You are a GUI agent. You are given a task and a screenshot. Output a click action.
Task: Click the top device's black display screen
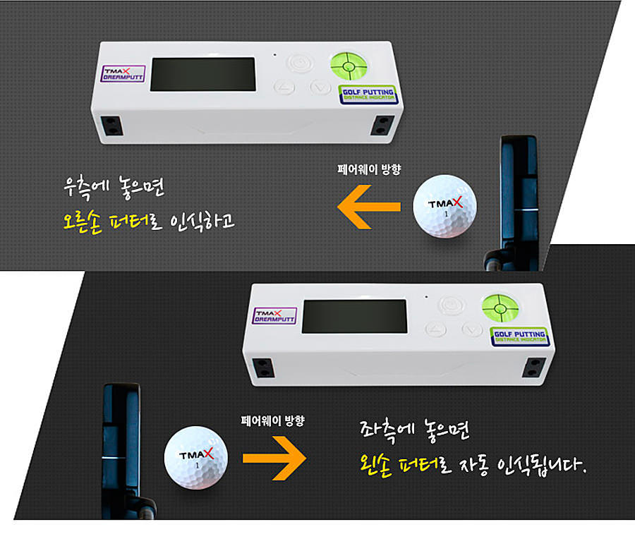pos(203,74)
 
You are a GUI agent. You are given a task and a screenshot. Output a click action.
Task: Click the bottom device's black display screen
pos(355,316)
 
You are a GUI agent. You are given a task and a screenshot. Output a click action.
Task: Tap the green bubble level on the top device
pos(349,65)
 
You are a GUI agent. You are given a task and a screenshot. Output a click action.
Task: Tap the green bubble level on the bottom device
pos(500,308)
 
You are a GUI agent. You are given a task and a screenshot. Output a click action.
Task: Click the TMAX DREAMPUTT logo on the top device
pos(123,74)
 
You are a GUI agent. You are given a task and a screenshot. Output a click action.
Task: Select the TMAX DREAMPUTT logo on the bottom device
pos(274,316)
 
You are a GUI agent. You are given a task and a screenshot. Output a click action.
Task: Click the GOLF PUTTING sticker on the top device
pos(368,95)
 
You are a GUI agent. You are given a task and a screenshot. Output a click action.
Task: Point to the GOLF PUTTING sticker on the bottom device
pos(520,336)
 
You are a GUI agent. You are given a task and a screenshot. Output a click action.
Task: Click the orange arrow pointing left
pos(368,207)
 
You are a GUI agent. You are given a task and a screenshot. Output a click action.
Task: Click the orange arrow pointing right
pos(274,458)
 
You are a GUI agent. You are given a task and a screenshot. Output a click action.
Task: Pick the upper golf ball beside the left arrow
pos(445,206)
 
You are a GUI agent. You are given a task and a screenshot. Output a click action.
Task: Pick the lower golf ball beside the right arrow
pos(196,458)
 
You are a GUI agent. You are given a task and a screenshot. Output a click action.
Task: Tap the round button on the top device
pos(300,63)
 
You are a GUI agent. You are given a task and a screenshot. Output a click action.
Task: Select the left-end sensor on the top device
pos(111,126)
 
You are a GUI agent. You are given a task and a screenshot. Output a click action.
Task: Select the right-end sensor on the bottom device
pos(534,368)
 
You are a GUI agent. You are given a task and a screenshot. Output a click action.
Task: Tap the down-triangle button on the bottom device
pos(472,329)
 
